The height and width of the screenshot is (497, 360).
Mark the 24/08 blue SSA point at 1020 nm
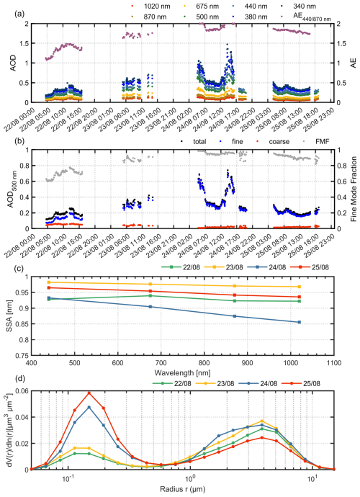299,322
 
